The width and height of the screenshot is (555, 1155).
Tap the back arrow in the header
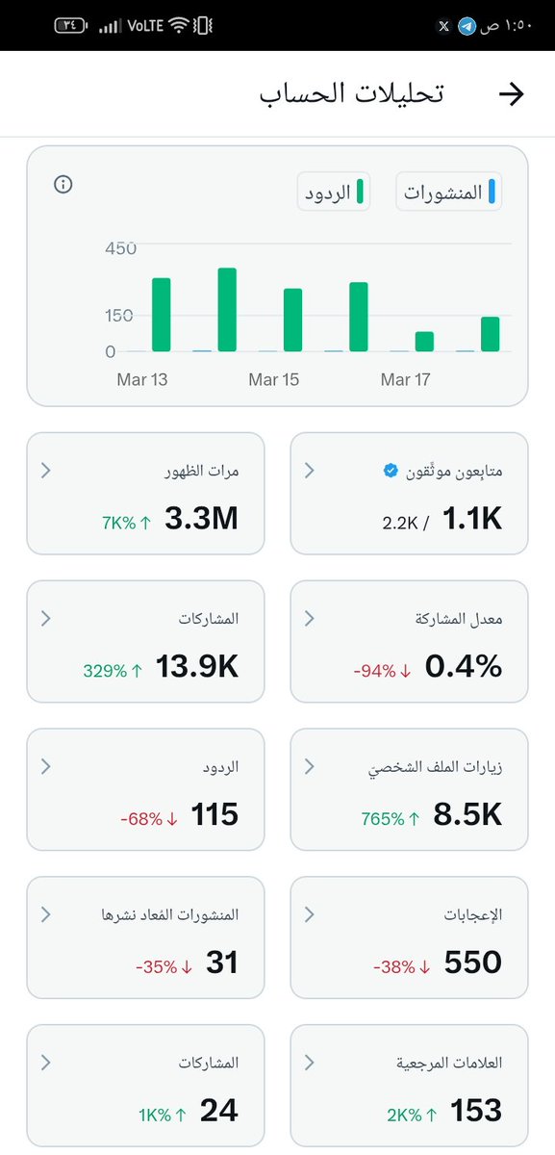coord(511,93)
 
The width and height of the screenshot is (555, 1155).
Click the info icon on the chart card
coord(63,185)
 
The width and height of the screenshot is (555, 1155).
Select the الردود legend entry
coord(333,192)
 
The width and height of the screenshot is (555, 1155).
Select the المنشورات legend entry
coord(449,192)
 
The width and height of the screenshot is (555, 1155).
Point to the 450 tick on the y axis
coord(120,249)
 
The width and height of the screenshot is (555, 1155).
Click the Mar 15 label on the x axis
coord(273,380)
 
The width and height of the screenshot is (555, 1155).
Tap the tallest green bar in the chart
coord(227,310)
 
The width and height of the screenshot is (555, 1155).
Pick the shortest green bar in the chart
coord(424,342)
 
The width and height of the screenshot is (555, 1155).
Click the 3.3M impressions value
coord(201,520)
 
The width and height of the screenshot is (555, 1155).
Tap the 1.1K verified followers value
coord(472,520)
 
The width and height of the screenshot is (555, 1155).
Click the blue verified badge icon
coord(390,471)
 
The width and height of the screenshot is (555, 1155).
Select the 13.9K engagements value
coord(197,668)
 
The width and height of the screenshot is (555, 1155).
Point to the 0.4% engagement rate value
coord(464,668)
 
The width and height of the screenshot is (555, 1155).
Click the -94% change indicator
coord(382,671)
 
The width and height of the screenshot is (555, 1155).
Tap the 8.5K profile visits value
coord(467,816)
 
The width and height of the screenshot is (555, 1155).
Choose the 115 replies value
coord(214,816)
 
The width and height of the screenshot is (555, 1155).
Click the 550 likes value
coord(473,963)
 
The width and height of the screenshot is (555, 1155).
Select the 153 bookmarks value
coord(476,1112)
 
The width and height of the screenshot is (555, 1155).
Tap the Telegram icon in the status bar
coord(467,26)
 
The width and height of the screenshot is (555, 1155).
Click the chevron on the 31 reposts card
coord(46,914)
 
